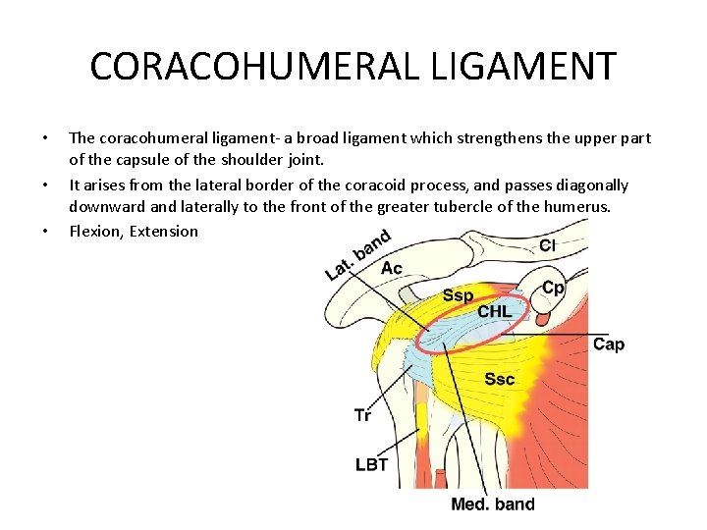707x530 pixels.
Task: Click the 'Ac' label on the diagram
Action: click(391, 268)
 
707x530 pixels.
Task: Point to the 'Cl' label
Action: click(551, 245)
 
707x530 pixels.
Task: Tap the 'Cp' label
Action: click(554, 288)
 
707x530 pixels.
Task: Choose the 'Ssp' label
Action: click(458, 295)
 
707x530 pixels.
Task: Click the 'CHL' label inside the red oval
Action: click(495, 312)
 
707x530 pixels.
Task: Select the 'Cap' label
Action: click(609, 344)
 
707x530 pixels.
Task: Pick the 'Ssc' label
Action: click(500, 379)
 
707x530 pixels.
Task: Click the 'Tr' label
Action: click(363, 415)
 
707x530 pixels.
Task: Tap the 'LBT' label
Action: click(371, 464)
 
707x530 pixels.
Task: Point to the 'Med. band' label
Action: click(493, 504)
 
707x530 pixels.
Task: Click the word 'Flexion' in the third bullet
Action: click(95, 232)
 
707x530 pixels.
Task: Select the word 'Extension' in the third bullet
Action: click(164, 232)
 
